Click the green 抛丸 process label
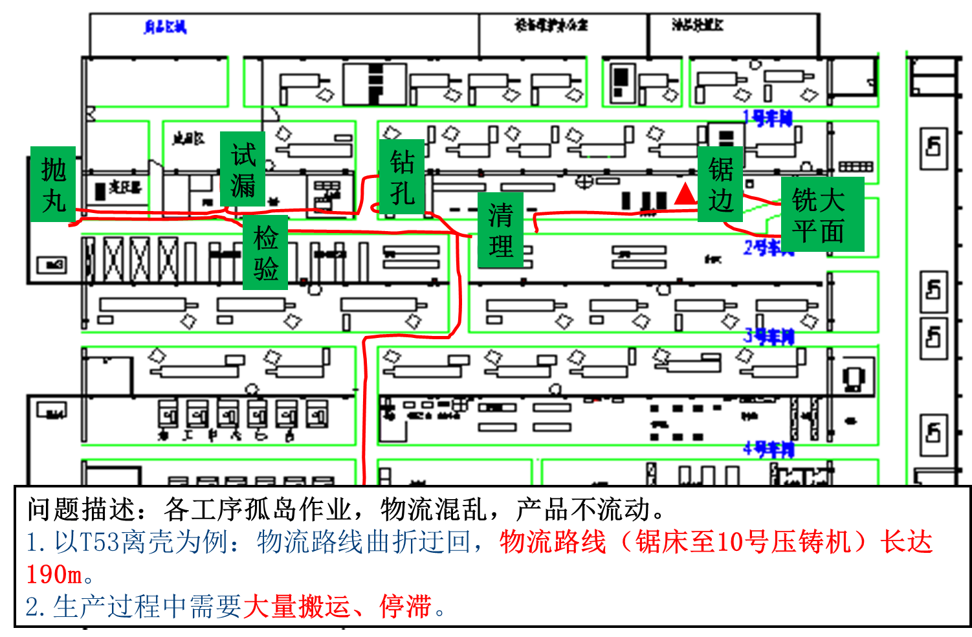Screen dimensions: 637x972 [53, 184]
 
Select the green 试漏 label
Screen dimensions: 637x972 [243, 169]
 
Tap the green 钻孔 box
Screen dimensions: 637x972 [402, 177]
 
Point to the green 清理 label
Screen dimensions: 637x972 [500, 230]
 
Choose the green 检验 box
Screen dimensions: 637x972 [265, 252]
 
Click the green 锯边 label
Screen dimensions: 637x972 [720, 184]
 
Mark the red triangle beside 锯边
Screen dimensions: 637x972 [685, 194]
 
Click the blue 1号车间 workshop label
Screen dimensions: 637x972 [768, 118]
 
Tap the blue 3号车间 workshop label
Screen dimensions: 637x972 [769, 336]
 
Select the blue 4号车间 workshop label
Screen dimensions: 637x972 [769, 449]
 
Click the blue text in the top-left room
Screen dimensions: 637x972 [164, 27]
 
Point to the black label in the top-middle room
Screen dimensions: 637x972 [551, 25]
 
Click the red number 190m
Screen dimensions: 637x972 [54, 574]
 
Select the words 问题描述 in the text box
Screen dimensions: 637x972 [80, 509]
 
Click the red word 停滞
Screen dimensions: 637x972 [405, 607]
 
